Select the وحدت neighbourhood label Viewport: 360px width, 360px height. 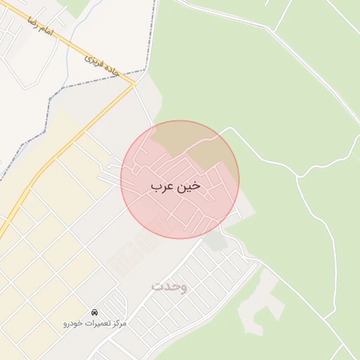169,286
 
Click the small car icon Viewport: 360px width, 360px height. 94,311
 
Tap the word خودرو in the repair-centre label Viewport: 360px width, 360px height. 74,323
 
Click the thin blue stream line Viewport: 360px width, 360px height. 69,56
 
